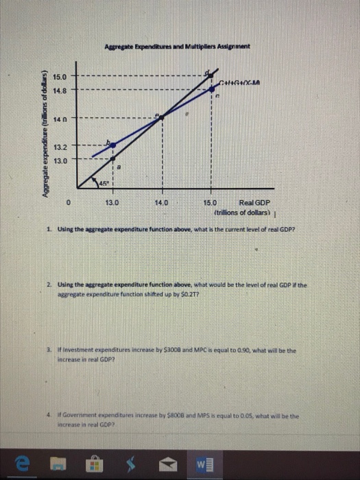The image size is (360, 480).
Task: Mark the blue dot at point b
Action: click(x=113, y=145)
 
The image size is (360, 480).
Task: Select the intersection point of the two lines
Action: click(x=162, y=117)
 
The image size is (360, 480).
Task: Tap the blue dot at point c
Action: click(x=211, y=89)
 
